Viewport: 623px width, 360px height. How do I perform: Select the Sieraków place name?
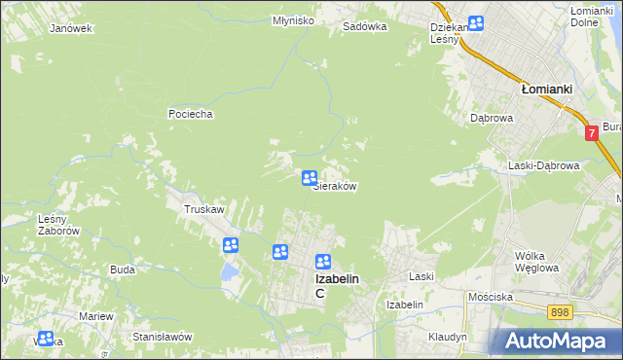(x=333, y=187)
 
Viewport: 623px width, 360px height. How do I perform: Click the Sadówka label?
(x=365, y=27)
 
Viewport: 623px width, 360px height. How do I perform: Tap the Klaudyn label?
(x=448, y=337)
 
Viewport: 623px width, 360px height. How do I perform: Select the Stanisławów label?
(x=162, y=337)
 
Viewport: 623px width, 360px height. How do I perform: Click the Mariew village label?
(x=96, y=317)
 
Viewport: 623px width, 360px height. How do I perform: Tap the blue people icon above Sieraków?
(x=309, y=177)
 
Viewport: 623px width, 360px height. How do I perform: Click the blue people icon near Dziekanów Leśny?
(x=475, y=23)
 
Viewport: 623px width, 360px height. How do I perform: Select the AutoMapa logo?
(x=556, y=341)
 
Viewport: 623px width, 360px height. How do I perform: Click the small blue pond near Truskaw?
(x=229, y=270)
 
